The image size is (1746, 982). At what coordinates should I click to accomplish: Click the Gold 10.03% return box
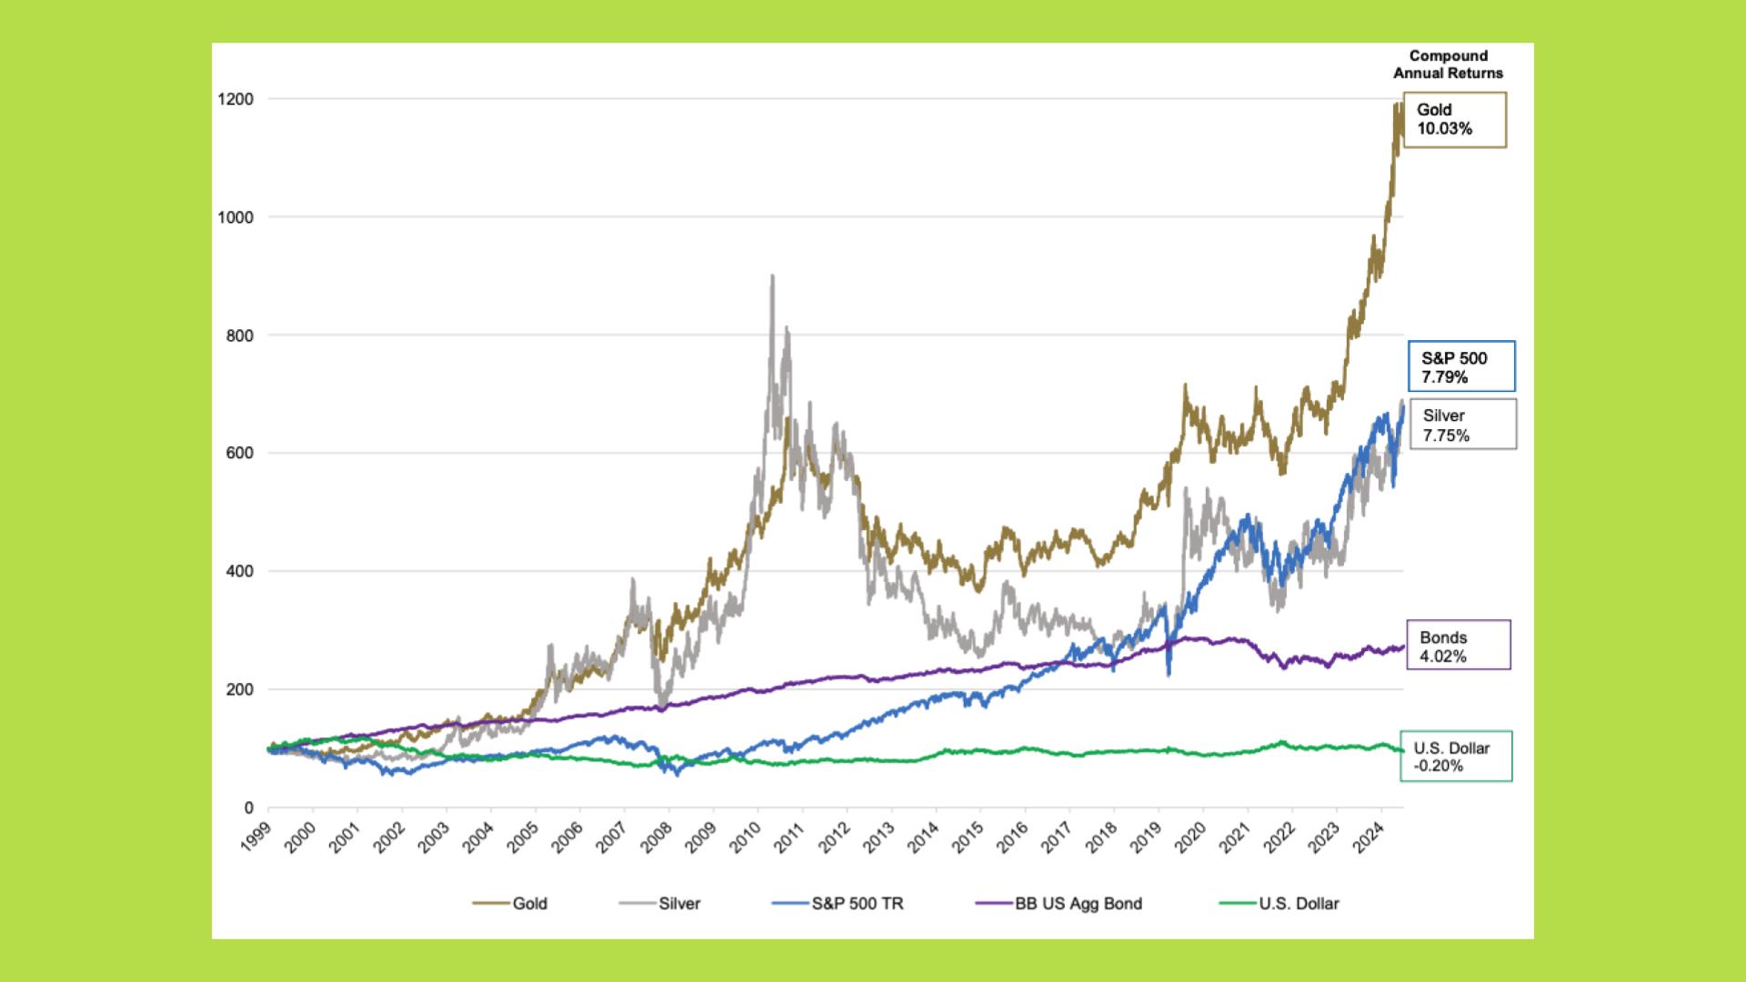1454,119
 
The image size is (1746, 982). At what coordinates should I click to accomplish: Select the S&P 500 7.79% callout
1460,366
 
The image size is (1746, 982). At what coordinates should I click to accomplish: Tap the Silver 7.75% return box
1462,425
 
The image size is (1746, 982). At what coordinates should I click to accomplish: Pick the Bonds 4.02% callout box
1458,646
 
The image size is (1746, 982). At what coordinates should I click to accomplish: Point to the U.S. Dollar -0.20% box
1456,757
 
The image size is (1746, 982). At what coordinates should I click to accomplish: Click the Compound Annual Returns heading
1448,65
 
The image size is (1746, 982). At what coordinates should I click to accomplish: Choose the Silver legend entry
660,903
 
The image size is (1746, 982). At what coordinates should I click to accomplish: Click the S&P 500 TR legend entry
838,903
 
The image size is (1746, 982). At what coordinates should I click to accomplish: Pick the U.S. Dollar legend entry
1279,903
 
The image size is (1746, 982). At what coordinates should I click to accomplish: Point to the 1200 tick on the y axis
235,98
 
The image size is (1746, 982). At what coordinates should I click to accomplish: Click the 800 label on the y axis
238,335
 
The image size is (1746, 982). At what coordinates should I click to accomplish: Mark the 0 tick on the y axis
248,807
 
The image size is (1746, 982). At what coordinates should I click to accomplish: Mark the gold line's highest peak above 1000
1395,105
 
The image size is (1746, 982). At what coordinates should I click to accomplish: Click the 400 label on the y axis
238,571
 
